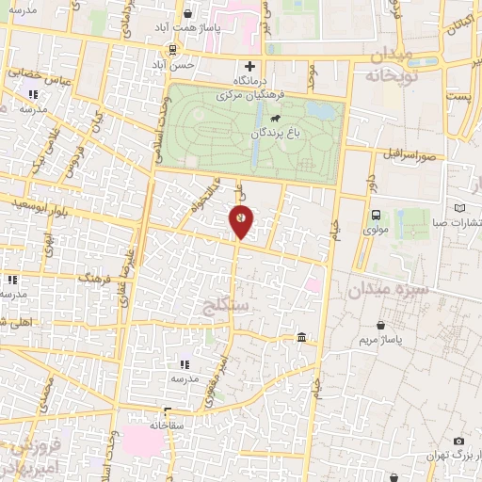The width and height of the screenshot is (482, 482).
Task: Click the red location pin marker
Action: click(x=241, y=220)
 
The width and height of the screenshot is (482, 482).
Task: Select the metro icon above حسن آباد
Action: click(x=173, y=50)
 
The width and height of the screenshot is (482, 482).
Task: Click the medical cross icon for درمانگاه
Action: click(x=249, y=66)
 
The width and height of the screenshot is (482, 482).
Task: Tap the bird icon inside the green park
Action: click(x=275, y=119)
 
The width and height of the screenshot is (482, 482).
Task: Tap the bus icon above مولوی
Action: click(x=376, y=215)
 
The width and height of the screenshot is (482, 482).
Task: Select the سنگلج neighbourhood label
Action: click(x=226, y=305)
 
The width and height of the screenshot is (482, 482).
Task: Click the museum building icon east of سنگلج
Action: click(x=300, y=337)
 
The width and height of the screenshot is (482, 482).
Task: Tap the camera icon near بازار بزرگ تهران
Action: click(x=458, y=441)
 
